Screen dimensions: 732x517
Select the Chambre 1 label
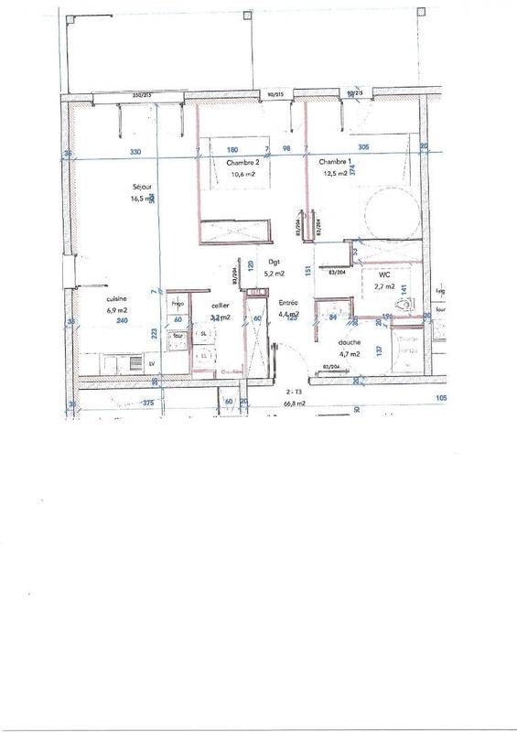[333, 161]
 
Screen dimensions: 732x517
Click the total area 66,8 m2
[293, 402]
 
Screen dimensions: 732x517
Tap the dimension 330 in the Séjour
[135, 151]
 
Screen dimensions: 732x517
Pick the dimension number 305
[363, 147]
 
